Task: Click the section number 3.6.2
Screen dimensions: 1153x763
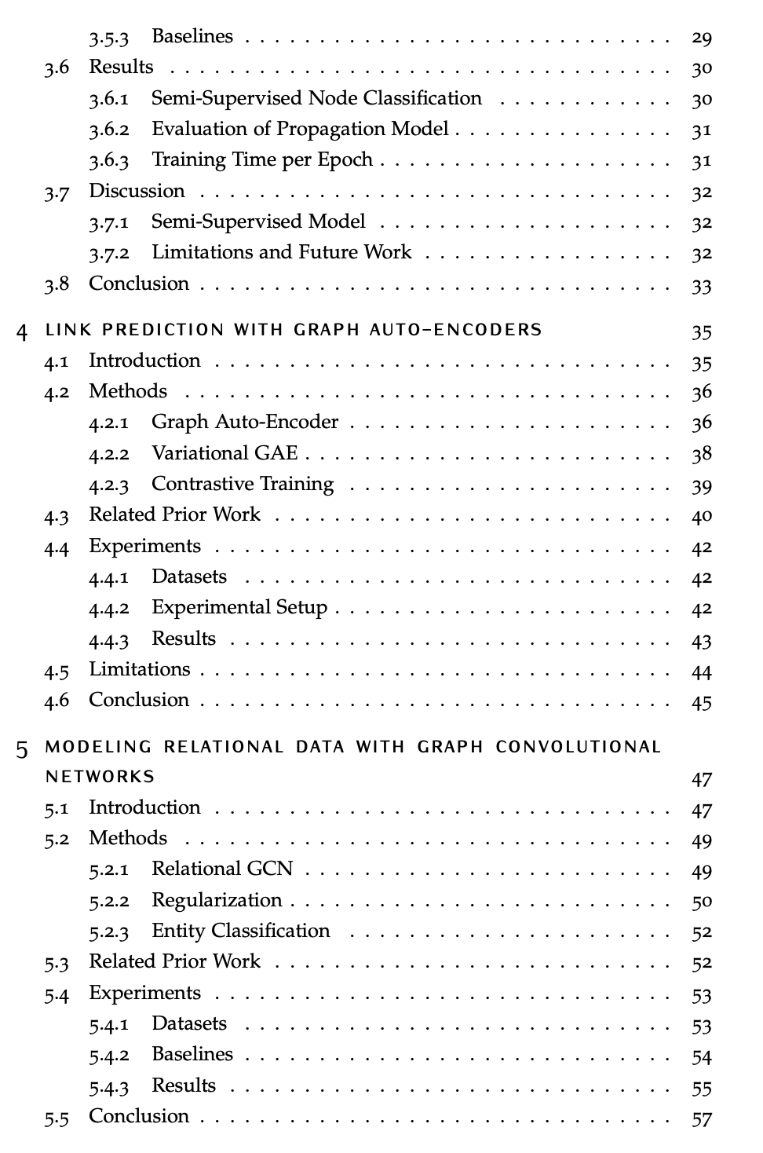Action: pyautogui.click(x=108, y=130)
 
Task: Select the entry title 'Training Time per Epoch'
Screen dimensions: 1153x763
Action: pyautogui.click(x=261, y=160)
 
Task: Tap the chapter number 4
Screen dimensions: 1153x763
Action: pyautogui.click(x=23, y=331)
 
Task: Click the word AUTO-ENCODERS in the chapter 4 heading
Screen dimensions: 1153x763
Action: pyautogui.click(x=455, y=330)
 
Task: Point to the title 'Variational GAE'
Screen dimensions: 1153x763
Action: pyautogui.click(x=225, y=453)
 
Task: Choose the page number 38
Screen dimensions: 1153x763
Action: pyautogui.click(x=701, y=454)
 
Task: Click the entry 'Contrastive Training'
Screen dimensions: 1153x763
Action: pyautogui.click(x=242, y=484)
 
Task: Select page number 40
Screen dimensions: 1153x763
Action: pyautogui.click(x=701, y=516)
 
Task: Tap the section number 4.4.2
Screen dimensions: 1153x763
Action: pyautogui.click(x=108, y=609)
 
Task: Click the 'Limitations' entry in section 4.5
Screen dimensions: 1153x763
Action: pyautogui.click(x=139, y=669)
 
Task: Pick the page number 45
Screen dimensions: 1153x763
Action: pyautogui.click(x=701, y=701)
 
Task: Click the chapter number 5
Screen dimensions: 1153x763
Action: pyautogui.click(x=23, y=749)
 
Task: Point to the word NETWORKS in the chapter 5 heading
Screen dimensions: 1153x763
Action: pyautogui.click(x=100, y=777)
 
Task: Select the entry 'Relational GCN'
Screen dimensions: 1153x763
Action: pyautogui.click(x=222, y=869)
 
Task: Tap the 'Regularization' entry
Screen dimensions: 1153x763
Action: pyautogui.click(x=216, y=900)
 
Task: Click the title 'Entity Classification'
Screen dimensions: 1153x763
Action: pyautogui.click(x=240, y=931)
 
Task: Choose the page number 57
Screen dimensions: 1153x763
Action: pyautogui.click(x=701, y=1118)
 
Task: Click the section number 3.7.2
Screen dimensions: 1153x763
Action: pyautogui.click(x=108, y=253)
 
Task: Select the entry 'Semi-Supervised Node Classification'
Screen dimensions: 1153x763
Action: pyautogui.click(x=316, y=98)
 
